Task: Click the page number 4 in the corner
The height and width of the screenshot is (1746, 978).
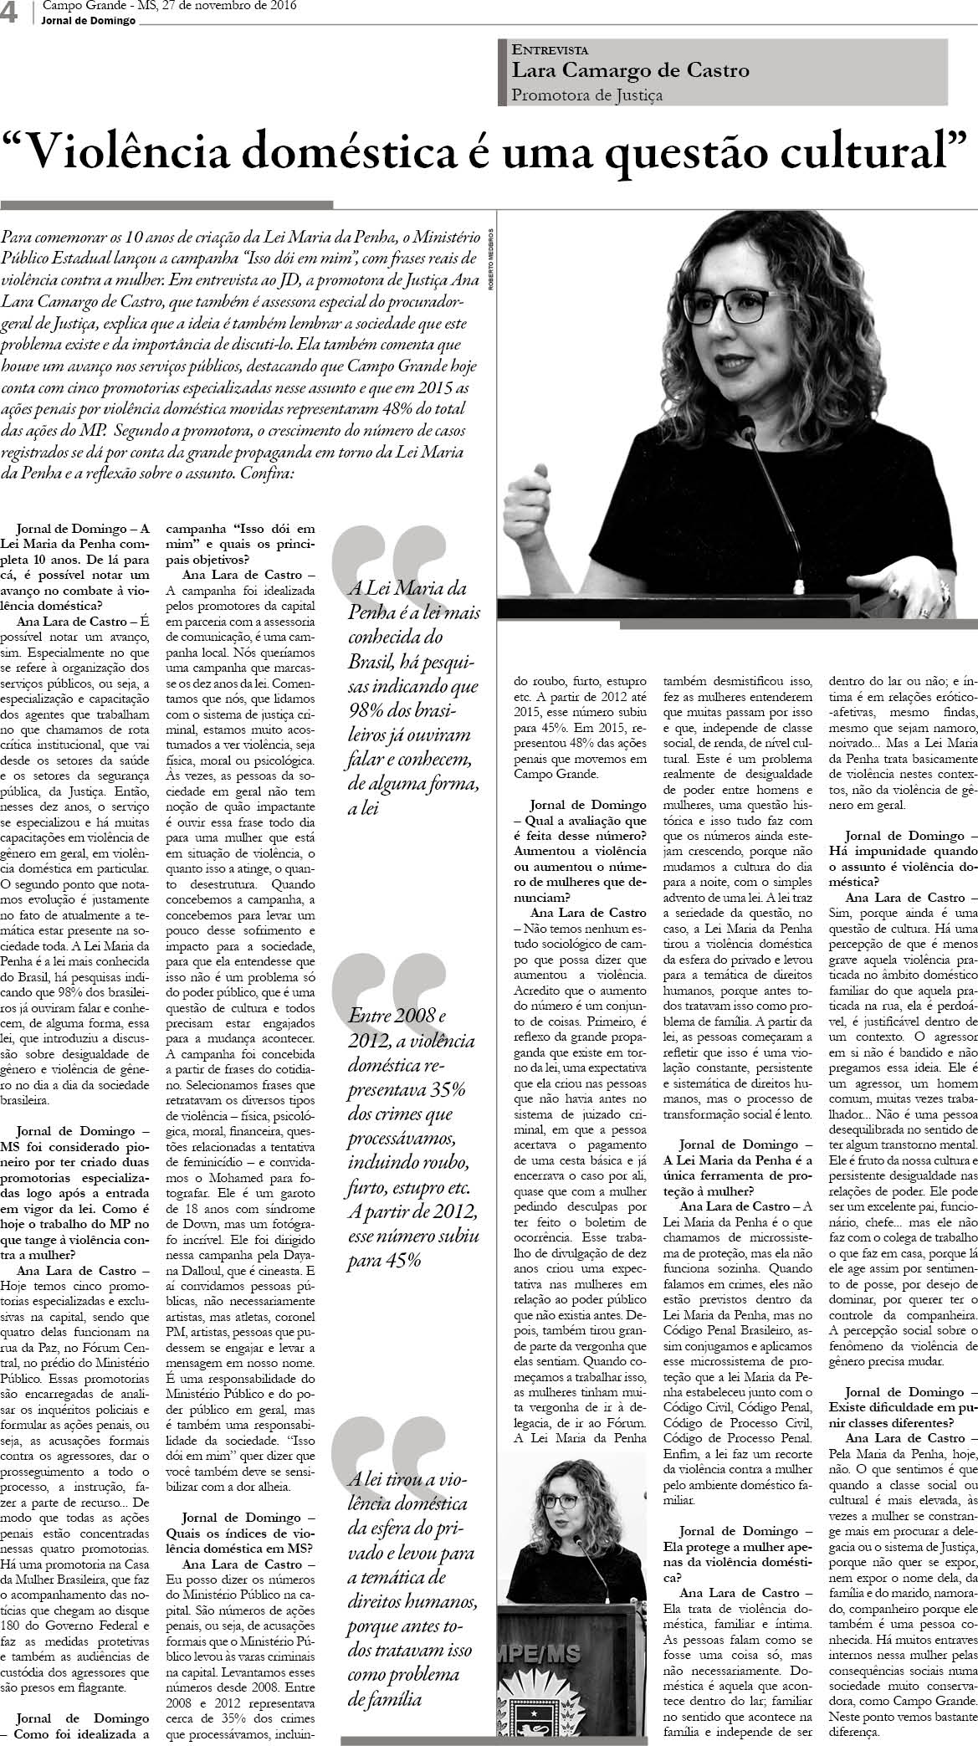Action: click(10, 12)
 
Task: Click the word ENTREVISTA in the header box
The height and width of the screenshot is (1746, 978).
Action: click(550, 50)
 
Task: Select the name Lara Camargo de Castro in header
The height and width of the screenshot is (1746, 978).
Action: click(631, 71)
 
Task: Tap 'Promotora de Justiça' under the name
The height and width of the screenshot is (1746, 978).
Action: click(587, 95)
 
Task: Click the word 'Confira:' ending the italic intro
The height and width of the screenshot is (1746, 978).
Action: click(267, 474)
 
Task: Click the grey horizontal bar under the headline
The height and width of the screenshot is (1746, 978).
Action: click(166, 204)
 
